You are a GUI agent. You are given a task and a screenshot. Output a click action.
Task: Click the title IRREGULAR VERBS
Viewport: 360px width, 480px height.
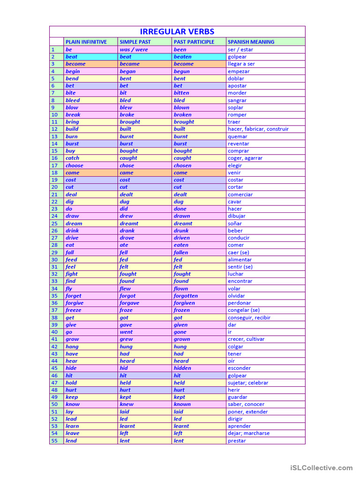(177, 32)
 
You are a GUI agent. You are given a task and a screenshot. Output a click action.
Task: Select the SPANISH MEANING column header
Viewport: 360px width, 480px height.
(251, 42)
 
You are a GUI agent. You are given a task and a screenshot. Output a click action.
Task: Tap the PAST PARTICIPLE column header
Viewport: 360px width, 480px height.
(194, 42)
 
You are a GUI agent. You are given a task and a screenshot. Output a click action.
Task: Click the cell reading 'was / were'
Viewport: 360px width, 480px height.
(134, 49)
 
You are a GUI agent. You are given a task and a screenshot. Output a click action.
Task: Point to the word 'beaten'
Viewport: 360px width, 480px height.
(182, 57)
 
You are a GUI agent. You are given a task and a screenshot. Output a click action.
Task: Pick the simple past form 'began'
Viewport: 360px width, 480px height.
(127, 71)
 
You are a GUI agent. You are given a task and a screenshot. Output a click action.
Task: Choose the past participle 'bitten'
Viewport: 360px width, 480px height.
(181, 93)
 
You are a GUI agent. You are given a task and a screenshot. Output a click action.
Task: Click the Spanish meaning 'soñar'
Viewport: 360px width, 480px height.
(235, 224)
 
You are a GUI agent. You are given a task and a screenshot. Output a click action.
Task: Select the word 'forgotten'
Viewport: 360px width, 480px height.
(186, 296)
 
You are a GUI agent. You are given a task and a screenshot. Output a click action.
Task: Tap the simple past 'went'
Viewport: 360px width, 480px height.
(126, 332)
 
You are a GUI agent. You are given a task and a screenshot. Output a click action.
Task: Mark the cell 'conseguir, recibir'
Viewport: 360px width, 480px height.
(249, 317)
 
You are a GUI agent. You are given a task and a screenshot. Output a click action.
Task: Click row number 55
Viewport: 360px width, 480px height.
(55, 441)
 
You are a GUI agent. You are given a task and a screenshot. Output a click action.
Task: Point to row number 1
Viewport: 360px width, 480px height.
(53, 49)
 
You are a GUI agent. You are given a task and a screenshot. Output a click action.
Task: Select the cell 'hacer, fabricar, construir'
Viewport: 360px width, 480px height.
(258, 129)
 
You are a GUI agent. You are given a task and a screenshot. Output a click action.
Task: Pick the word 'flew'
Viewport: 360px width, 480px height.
(125, 289)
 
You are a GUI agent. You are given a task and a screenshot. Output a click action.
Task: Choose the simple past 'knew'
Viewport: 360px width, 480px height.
(127, 404)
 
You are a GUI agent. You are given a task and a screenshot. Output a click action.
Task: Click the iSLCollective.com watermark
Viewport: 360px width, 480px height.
(321, 467)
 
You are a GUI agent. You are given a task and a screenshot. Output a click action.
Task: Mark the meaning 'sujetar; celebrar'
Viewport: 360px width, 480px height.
(248, 382)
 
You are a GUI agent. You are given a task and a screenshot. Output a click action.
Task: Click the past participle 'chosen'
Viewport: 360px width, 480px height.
(182, 165)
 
